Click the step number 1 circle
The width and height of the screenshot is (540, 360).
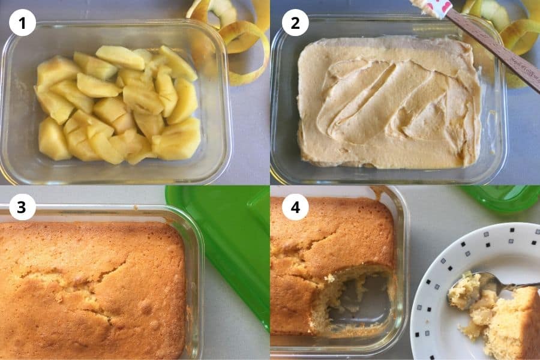click(x=22, y=23)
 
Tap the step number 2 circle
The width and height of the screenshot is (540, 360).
click(x=295, y=23)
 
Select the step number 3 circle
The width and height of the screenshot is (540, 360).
click(x=22, y=207)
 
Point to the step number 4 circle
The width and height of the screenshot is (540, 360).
click(x=295, y=207)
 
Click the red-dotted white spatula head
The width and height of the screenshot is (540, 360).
click(x=434, y=7)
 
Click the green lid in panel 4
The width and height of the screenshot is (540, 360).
click(x=504, y=198)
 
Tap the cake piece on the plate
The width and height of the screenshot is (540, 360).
click(x=513, y=324)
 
